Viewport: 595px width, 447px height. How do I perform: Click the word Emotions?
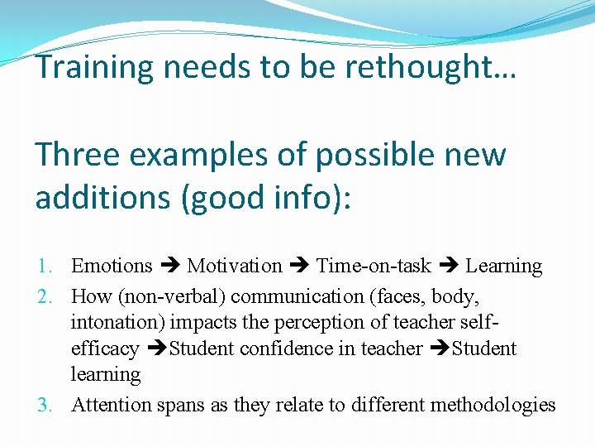point(112,266)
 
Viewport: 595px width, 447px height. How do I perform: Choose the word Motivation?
point(235,266)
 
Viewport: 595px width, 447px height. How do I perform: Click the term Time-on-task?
point(374,266)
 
